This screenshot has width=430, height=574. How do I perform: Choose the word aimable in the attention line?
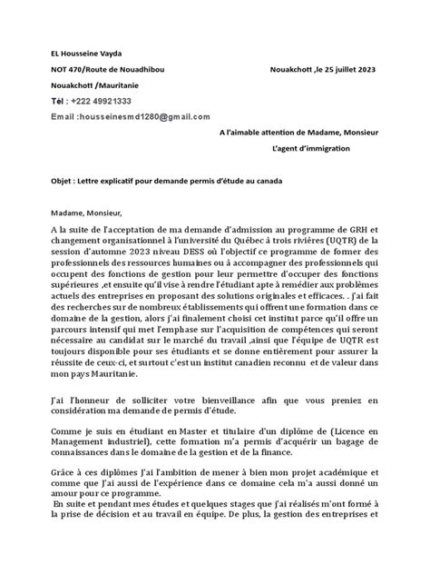tap(262, 133)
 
